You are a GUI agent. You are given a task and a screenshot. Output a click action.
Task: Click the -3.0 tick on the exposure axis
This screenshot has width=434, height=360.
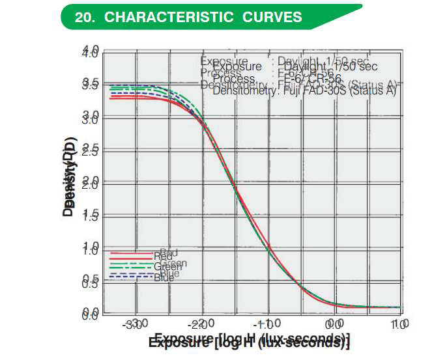coord(136,324)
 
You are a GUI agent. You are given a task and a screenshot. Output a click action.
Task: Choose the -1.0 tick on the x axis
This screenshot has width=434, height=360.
coord(267,324)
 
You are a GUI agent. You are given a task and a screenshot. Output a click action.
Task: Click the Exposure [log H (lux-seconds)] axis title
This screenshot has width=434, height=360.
coord(249,340)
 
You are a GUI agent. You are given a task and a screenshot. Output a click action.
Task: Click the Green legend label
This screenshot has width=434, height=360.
coord(168,266)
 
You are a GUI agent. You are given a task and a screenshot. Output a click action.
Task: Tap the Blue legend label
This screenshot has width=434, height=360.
coord(164,277)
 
